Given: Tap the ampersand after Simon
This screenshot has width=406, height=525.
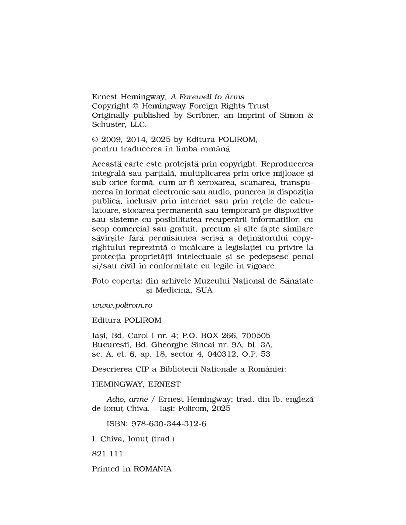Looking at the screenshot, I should pyautogui.click(x=310, y=115).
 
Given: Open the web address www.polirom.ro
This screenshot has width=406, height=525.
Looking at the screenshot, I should pyautogui.click(x=122, y=305).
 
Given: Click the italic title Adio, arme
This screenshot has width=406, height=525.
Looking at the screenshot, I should pyautogui.click(x=127, y=399).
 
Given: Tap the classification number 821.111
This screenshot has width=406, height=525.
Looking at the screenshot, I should pyautogui.click(x=107, y=454).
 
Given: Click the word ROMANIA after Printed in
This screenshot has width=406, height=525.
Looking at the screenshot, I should pyautogui.click(x=152, y=469).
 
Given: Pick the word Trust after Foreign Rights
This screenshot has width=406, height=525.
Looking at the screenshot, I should pyautogui.click(x=258, y=106).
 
